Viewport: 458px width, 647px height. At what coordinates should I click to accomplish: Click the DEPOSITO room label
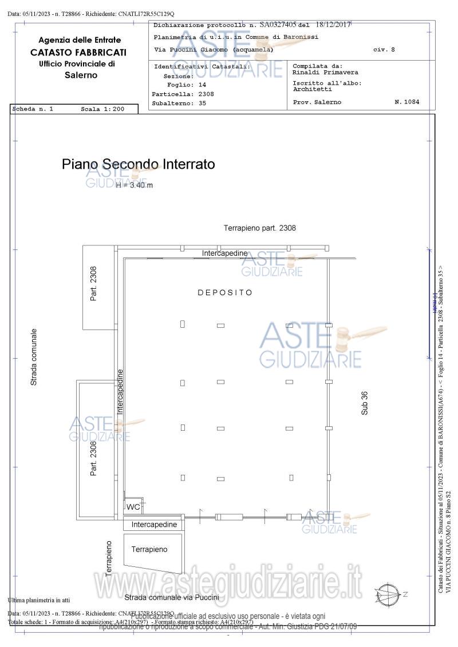[225, 292]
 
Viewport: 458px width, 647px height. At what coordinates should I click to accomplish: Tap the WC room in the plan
[133, 507]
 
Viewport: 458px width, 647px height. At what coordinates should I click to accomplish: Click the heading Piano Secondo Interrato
[139, 164]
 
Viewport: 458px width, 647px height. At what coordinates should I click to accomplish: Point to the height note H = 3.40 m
[134, 185]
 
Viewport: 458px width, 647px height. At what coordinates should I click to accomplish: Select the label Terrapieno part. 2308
[260, 228]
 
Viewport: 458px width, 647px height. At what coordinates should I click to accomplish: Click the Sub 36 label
[365, 402]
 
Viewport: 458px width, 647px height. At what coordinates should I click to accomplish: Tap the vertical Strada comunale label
[34, 356]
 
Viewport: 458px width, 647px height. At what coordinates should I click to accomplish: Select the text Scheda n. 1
[33, 109]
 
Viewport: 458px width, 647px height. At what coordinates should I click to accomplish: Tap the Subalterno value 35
[202, 104]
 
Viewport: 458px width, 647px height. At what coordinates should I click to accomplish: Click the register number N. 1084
[407, 102]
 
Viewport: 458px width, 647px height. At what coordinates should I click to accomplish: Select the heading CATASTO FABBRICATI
[79, 52]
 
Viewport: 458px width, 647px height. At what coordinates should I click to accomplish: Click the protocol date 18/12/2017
[331, 25]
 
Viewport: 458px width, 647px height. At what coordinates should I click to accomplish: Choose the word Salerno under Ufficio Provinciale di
[81, 75]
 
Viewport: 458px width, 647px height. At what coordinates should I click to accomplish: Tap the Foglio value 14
[202, 84]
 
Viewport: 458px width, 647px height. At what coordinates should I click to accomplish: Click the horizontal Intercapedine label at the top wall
[224, 253]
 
